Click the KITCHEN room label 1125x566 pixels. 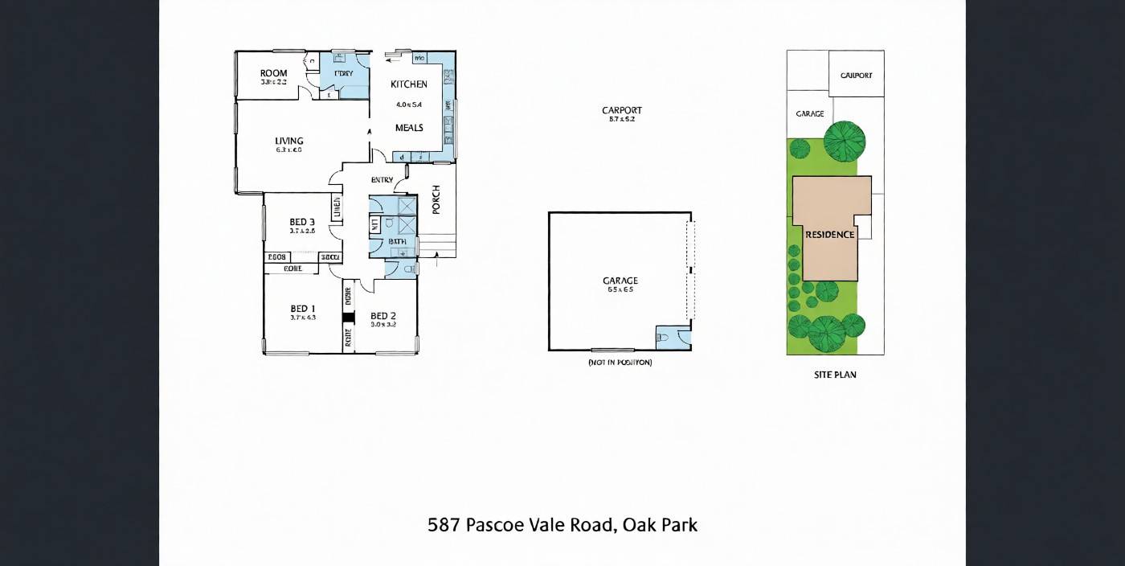click(x=409, y=84)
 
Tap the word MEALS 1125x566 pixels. click(x=409, y=128)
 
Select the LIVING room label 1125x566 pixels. click(x=288, y=141)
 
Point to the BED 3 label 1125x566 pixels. click(x=302, y=222)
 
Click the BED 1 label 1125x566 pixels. click(x=302, y=308)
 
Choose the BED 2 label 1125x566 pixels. click(x=383, y=315)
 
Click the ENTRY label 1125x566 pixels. click(x=382, y=180)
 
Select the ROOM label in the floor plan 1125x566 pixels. click(x=273, y=73)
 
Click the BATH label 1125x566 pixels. click(x=397, y=241)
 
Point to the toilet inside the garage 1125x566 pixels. click(x=664, y=338)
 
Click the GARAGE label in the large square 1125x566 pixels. click(x=620, y=281)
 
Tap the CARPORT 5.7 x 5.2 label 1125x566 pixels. click(x=622, y=111)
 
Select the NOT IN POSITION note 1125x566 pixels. click(x=620, y=363)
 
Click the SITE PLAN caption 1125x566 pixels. click(x=835, y=375)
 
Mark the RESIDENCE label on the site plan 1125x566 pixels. click(x=830, y=235)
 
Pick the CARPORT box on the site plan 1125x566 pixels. click(x=856, y=75)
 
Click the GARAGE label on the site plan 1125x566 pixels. click(x=809, y=114)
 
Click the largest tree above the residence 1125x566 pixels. click(x=845, y=141)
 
